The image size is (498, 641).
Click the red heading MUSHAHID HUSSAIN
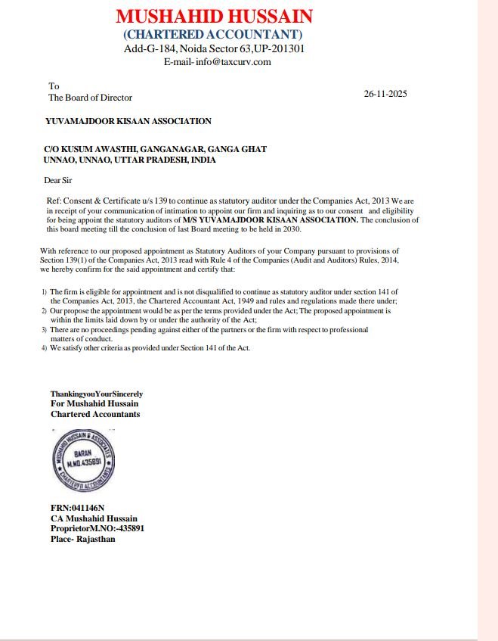[x=214, y=17]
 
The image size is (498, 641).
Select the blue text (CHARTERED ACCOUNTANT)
[x=213, y=34]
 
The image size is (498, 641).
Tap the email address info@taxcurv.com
[x=233, y=62]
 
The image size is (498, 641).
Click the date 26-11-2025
[x=385, y=94]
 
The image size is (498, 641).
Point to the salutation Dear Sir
[x=58, y=180]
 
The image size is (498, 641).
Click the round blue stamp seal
[x=83, y=460]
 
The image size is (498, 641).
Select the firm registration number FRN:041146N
[x=77, y=508]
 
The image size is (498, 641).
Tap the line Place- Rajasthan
[x=83, y=539]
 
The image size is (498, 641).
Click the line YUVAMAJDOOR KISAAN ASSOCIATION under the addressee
[x=128, y=121]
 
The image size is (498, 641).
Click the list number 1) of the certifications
[x=44, y=291]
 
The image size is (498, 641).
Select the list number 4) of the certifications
[x=44, y=348]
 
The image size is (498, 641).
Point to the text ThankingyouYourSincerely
[x=97, y=394]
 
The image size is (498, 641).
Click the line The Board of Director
[x=90, y=98]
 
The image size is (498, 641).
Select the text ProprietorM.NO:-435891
[x=97, y=528]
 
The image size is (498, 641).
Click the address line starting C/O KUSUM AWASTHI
[x=155, y=150]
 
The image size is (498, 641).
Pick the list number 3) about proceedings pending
[x=44, y=330]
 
